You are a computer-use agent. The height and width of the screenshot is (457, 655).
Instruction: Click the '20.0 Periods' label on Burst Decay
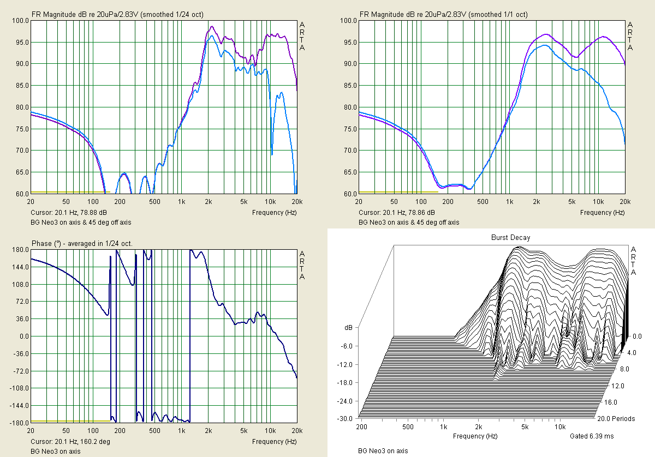[615, 419]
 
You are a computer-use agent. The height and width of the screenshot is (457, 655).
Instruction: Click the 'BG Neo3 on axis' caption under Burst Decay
[383, 450]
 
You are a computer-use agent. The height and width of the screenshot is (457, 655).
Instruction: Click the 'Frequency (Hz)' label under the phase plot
[275, 441]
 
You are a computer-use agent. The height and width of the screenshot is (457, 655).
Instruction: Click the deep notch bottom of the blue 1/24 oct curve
[272, 154]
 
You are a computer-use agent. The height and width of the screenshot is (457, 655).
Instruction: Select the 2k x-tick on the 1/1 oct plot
[536, 201]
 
